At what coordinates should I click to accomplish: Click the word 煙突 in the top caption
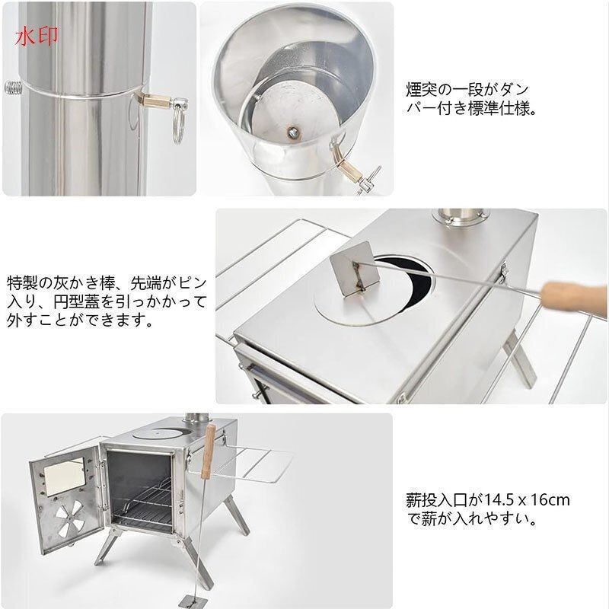coord(419,88)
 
